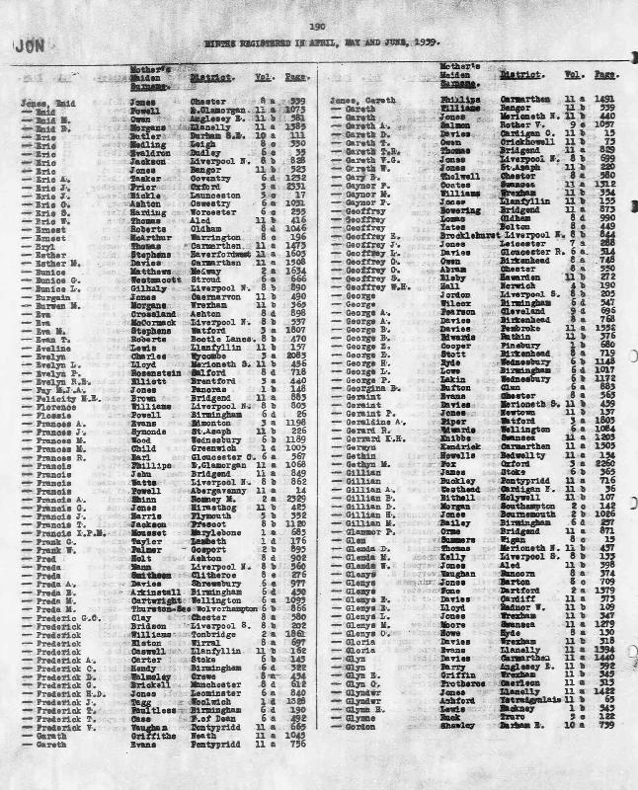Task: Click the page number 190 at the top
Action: point(316,26)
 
